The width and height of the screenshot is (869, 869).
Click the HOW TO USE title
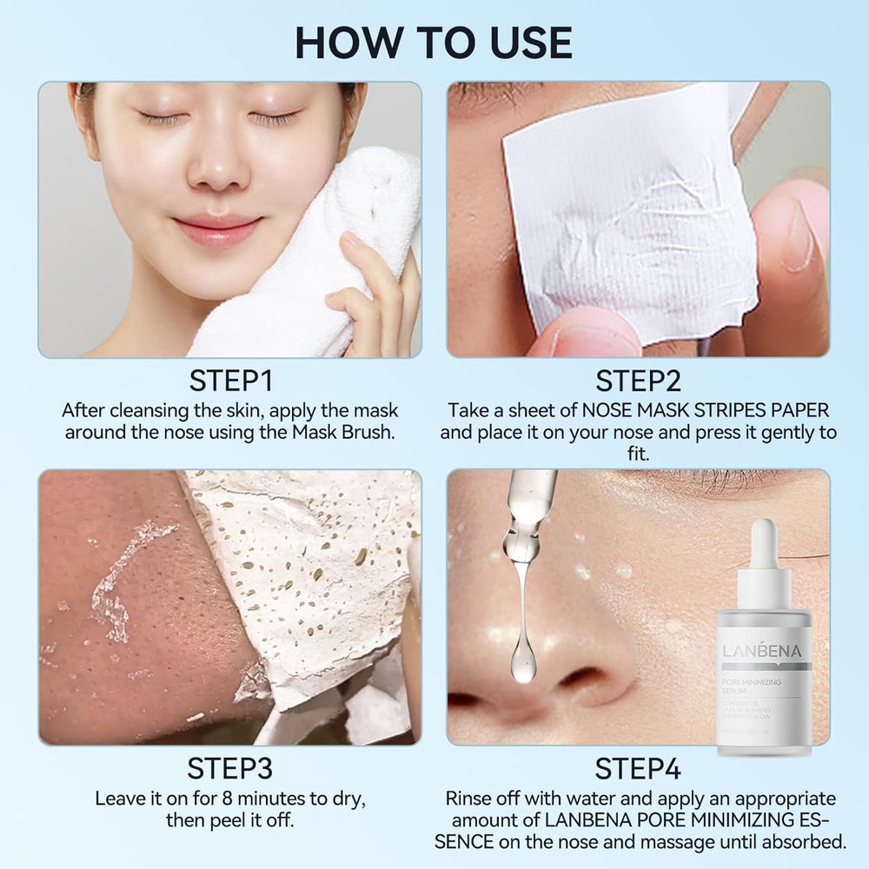[x=434, y=42]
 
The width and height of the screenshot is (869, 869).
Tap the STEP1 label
[x=230, y=381]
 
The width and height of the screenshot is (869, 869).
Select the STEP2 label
[x=638, y=381]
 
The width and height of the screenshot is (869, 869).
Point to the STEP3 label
[x=230, y=769]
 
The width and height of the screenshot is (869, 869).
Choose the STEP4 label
[x=638, y=769]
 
